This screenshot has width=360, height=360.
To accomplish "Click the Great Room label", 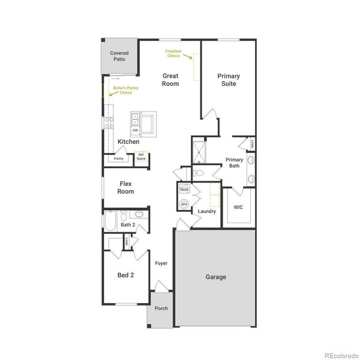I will click(170, 80).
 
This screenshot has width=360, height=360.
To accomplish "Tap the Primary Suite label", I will click(229, 80).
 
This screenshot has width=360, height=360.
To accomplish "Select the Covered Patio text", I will click(119, 56).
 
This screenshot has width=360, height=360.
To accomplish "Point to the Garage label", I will click(216, 277).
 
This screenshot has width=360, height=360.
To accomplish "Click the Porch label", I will click(161, 308).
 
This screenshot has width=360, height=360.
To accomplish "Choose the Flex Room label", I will click(126, 188).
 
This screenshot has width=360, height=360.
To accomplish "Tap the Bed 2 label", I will click(125, 275).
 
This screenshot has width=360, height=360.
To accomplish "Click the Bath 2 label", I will click(128, 225).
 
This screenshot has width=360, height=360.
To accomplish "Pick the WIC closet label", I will click(238, 207).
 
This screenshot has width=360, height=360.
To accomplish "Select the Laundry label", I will click(206, 211).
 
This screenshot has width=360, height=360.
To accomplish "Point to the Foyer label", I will click(161, 263).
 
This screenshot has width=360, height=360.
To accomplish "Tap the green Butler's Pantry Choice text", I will click(122, 91).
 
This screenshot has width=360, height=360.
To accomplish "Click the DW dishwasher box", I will click(135, 130).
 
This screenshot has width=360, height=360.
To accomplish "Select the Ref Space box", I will click(142, 157).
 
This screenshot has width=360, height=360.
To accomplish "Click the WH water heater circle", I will click(184, 205).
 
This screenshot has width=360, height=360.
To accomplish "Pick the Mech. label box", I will click(184, 190).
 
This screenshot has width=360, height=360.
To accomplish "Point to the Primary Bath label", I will click(234, 163).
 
